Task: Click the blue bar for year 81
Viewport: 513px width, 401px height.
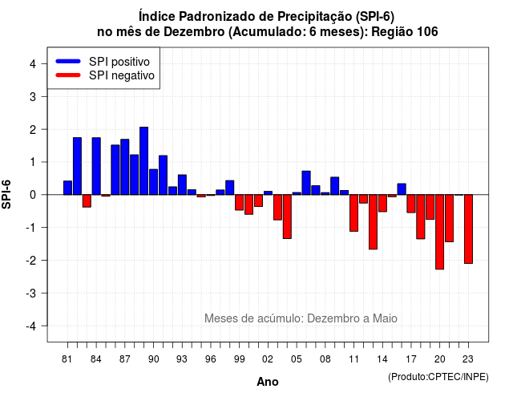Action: point(67,188)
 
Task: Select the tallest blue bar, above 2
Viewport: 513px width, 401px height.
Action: point(144,160)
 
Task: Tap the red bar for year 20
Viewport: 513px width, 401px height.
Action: point(440,232)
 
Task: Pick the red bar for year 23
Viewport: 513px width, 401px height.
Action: point(468,229)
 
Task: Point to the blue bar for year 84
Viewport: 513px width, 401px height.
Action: point(96,166)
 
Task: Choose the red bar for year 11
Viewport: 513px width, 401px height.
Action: point(354,213)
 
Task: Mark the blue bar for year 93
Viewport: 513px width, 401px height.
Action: point(182,184)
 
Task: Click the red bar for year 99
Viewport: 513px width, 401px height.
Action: point(240,202)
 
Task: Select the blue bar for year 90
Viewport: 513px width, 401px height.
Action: point(153,182)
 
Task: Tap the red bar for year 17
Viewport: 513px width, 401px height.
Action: point(411,204)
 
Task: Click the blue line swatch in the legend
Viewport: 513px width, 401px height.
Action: point(68,61)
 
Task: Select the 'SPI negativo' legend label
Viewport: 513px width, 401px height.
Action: point(122,75)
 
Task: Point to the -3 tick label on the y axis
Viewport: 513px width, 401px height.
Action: point(32,294)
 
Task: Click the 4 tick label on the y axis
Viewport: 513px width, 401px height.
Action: point(33,64)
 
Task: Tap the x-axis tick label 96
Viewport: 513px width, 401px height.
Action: point(211,359)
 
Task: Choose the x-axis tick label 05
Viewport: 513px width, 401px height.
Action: point(297,359)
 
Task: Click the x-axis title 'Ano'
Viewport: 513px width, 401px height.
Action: point(268,382)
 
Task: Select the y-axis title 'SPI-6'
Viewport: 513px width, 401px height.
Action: point(6,194)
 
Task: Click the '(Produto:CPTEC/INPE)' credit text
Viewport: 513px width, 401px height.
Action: point(438,377)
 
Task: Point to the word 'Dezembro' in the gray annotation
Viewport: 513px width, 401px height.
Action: point(329,318)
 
